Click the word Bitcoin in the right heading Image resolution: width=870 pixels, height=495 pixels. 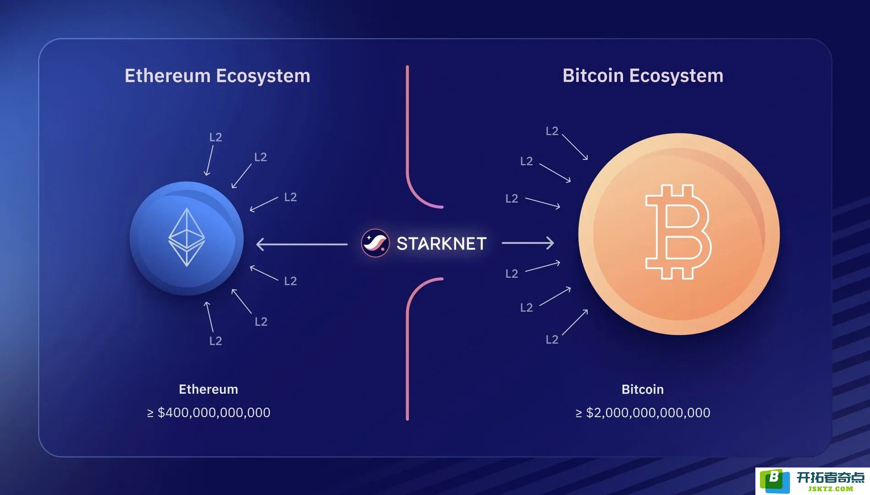point(593,75)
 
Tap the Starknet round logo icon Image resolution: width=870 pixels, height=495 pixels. point(375,243)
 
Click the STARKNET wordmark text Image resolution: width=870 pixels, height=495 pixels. point(441,243)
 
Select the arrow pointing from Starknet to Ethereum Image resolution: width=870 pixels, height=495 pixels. point(302,244)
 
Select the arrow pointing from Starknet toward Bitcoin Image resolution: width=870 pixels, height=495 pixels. point(528,243)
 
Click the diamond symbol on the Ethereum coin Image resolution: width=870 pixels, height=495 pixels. point(187,237)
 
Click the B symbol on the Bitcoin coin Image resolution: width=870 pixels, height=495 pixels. point(678,232)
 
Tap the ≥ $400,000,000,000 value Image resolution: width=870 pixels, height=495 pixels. point(209,412)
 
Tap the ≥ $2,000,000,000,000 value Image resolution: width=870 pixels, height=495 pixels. point(643,412)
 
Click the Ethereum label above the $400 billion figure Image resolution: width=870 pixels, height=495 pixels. point(209,389)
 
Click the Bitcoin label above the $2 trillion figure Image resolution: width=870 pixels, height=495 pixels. point(643,389)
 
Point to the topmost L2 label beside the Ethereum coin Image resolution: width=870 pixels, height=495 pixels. point(215,137)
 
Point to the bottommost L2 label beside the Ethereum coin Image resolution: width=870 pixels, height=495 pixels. point(215,341)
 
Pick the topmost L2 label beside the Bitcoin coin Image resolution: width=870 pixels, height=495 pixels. point(552,131)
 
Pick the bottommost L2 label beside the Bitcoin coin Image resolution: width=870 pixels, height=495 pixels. point(552,339)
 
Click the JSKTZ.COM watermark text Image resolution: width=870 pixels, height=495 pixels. point(830,489)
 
